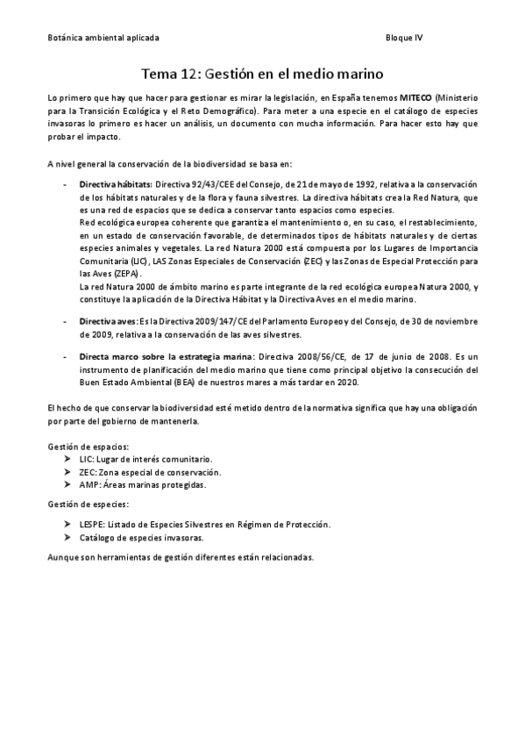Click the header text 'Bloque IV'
pyautogui.click(x=404, y=39)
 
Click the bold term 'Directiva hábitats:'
pyautogui.click(x=116, y=185)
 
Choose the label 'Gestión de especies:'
pyautogui.click(x=89, y=504)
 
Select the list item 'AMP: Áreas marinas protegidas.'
pyautogui.click(x=143, y=484)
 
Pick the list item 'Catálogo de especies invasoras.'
pyautogui.click(x=141, y=537)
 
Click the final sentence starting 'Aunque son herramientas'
pyautogui.click(x=180, y=558)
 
